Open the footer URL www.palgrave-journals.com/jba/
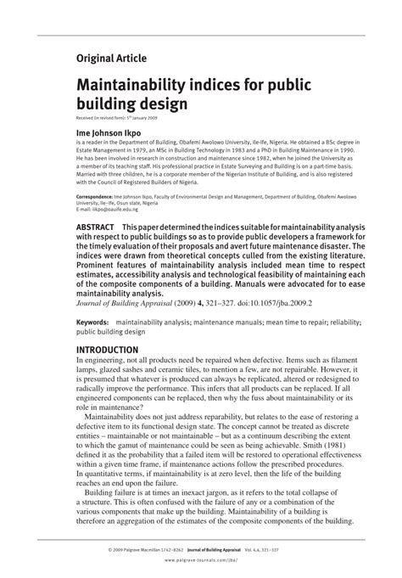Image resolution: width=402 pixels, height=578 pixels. (201, 561)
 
